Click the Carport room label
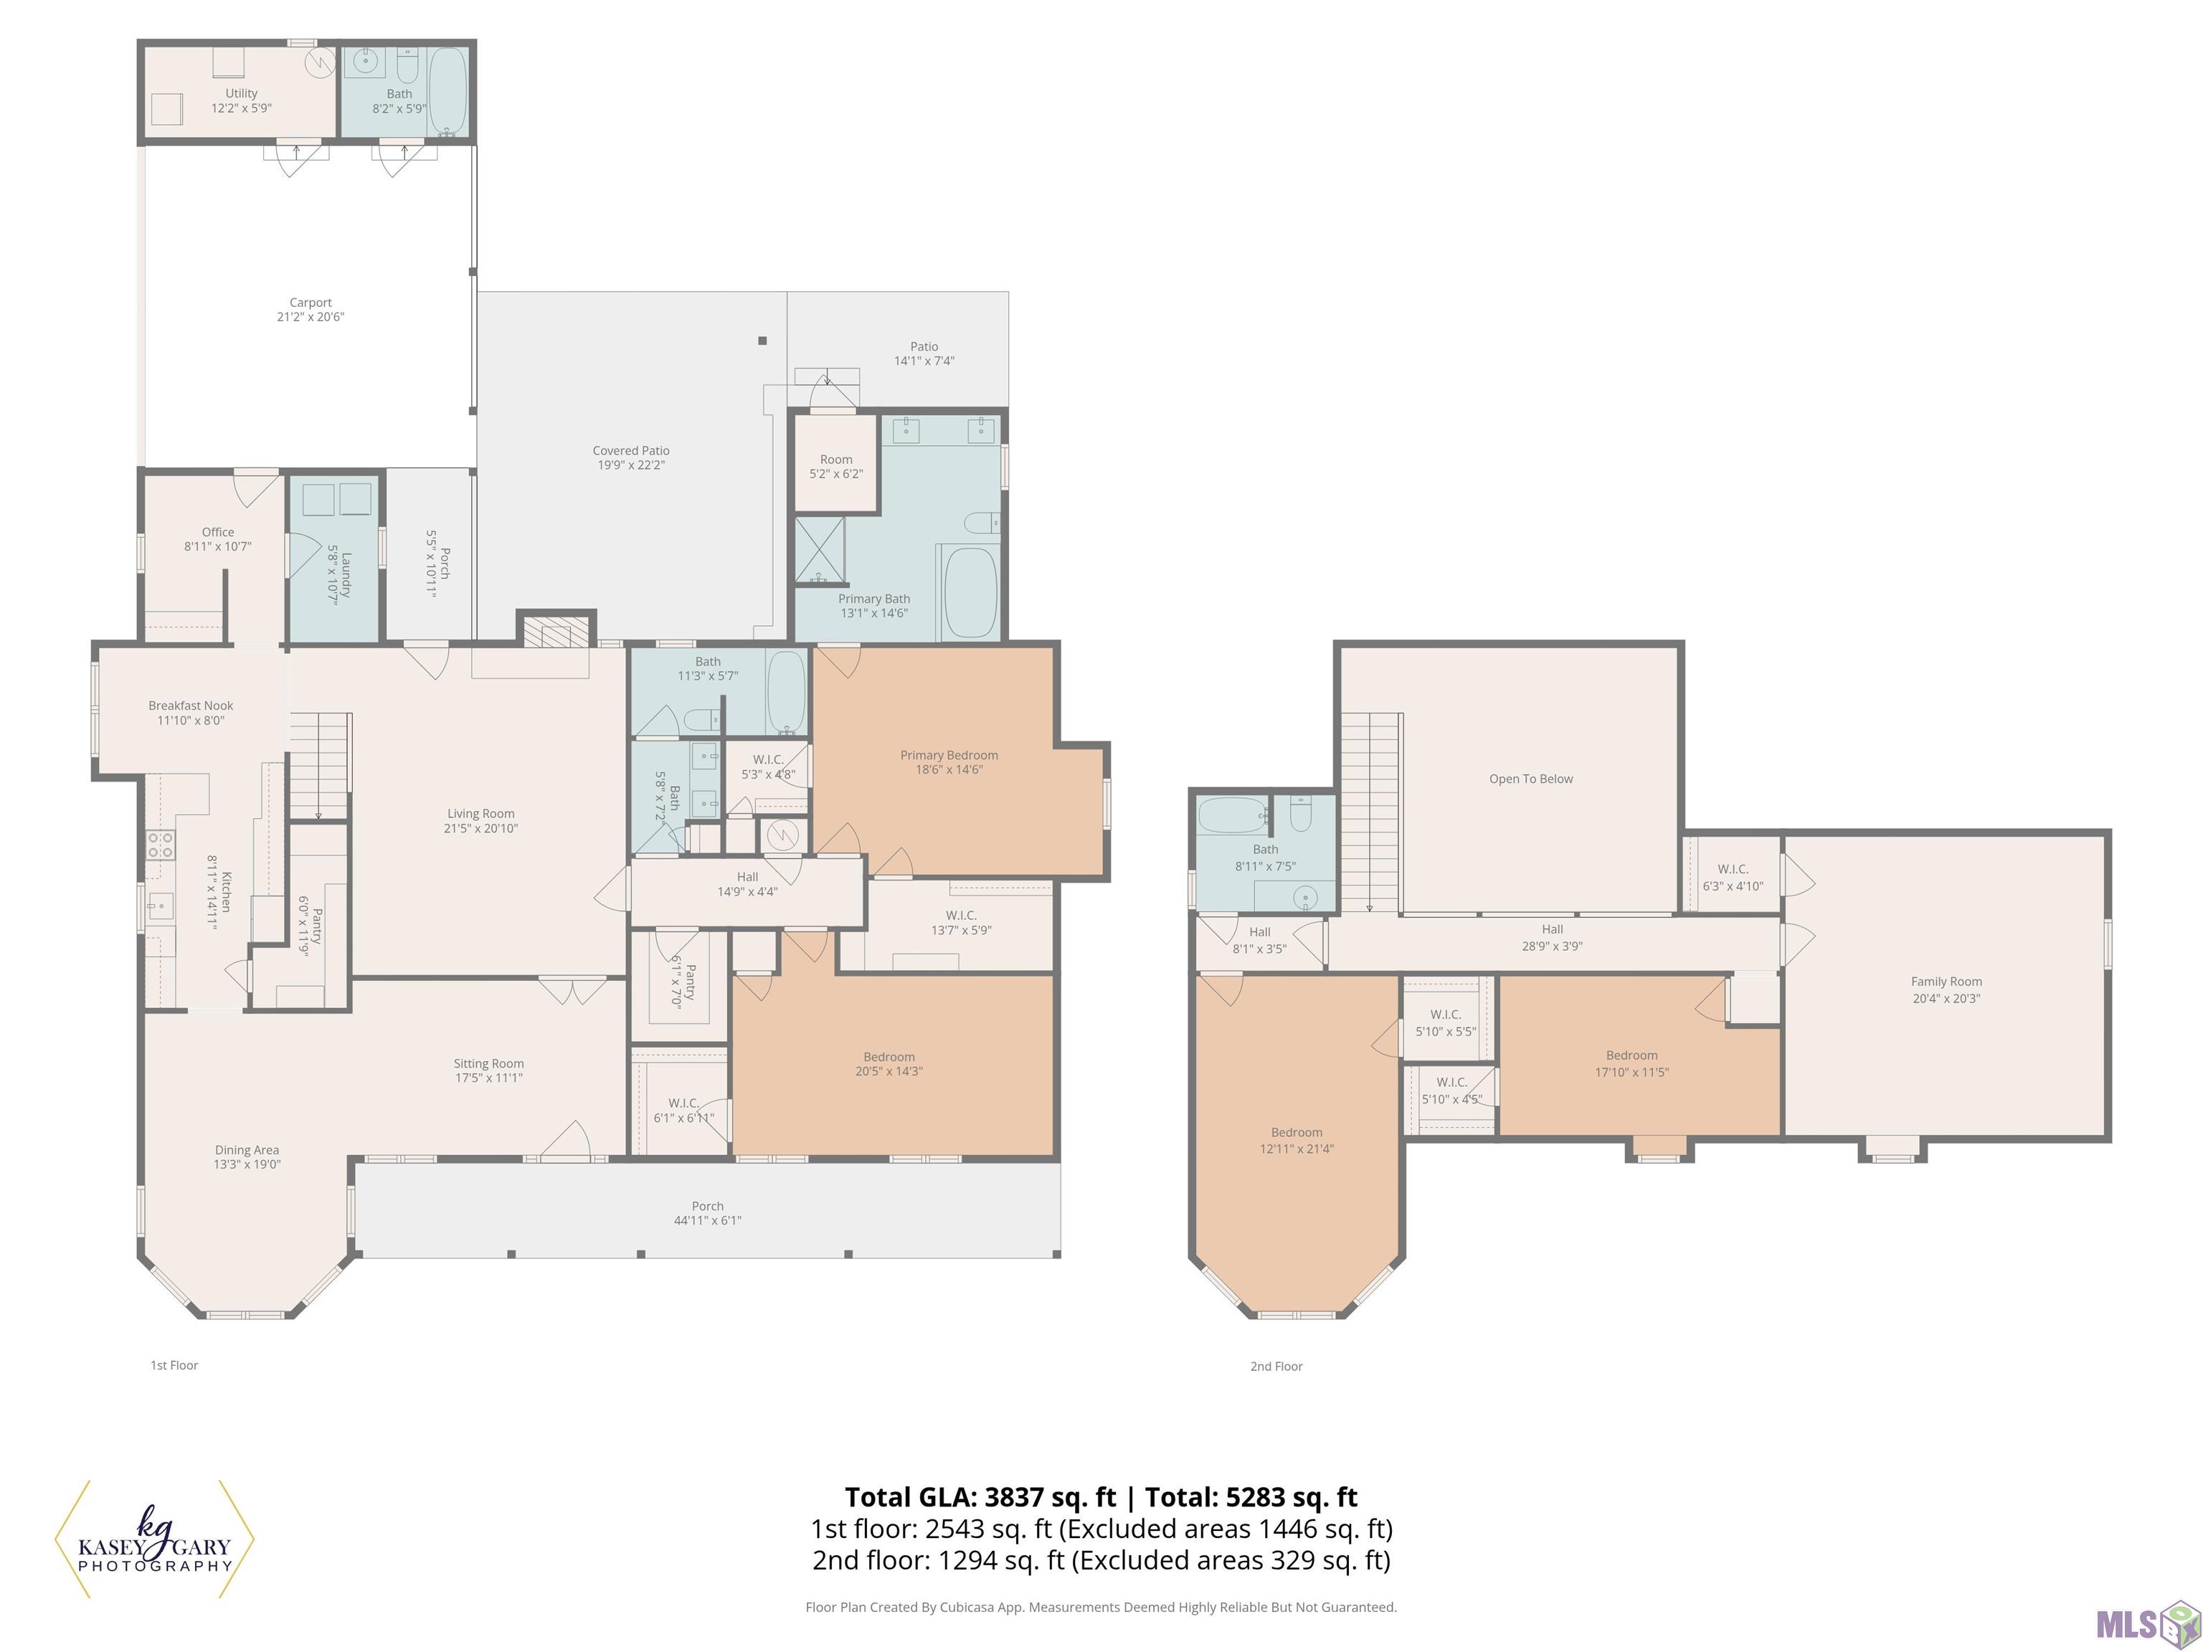pyautogui.click(x=310, y=303)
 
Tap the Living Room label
pyautogui.click(x=481, y=814)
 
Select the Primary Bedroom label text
pyautogui.click(x=949, y=755)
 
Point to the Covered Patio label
pyautogui.click(x=630, y=451)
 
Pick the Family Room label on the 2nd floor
pyautogui.click(x=1946, y=982)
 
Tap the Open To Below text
pyautogui.click(x=1531, y=779)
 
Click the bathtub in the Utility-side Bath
pyautogui.click(x=447, y=92)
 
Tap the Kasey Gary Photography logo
pyautogui.click(x=154, y=1539)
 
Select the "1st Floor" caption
pyautogui.click(x=174, y=1365)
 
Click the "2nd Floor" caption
pyautogui.click(x=1276, y=1366)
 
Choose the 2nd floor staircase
pyautogui.click(x=1370, y=812)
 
